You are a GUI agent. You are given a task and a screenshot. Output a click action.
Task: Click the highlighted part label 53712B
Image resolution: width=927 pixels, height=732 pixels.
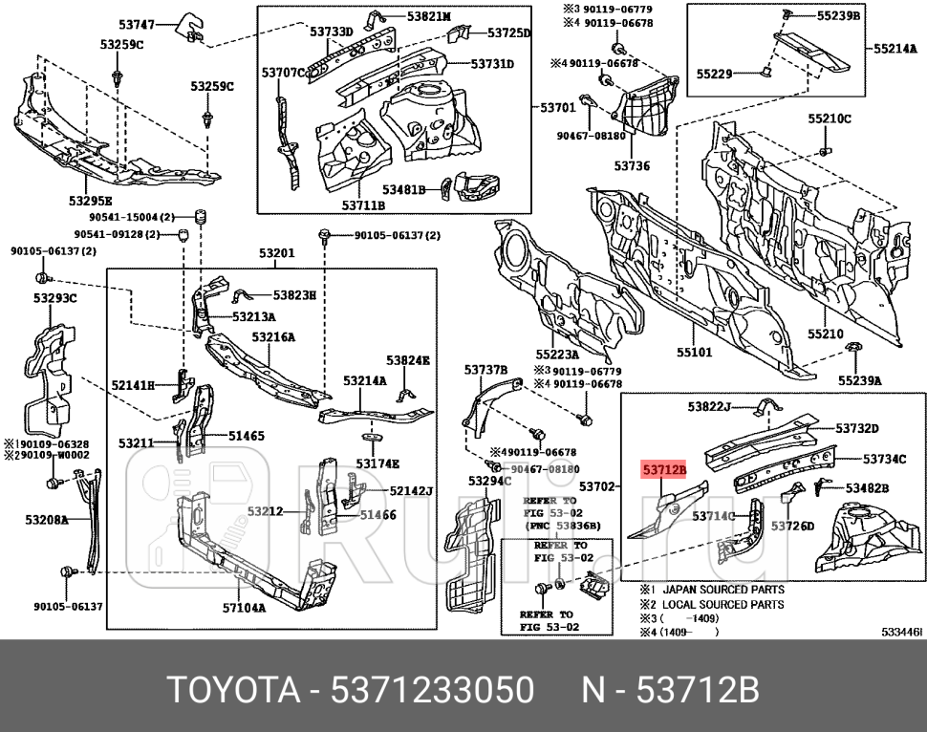(x=664, y=469)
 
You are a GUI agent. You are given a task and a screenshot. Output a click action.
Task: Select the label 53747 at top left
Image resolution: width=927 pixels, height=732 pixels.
(x=137, y=23)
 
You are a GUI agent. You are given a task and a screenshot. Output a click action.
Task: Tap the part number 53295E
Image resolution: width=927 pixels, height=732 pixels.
(x=91, y=201)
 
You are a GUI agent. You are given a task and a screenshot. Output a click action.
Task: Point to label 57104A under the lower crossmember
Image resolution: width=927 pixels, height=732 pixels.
(x=245, y=606)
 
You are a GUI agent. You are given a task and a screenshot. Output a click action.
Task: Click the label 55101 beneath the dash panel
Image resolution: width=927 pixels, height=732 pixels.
(x=694, y=352)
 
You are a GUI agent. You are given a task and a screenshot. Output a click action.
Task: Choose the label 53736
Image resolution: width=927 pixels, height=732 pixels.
(x=632, y=165)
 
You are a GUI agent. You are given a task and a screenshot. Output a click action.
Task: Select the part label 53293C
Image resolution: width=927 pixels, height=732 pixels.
(x=55, y=298)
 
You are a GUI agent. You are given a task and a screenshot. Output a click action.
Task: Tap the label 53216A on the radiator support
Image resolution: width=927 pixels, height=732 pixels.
(x=273, y=336)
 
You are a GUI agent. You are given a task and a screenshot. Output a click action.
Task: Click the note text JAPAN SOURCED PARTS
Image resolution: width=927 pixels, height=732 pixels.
(x=723, y=590)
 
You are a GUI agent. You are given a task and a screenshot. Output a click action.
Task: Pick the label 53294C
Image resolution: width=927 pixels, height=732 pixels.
(x=490, y=481)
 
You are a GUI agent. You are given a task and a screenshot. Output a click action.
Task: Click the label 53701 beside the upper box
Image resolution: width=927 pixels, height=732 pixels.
(x=558, y=108)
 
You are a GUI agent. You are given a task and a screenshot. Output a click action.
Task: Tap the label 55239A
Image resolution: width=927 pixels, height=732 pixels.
(x=860, y=379)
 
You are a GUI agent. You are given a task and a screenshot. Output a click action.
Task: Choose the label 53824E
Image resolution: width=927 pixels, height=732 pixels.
(x=408, y=360)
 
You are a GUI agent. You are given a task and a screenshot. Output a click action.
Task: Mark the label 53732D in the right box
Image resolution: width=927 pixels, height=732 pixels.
(x=857, y=427)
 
